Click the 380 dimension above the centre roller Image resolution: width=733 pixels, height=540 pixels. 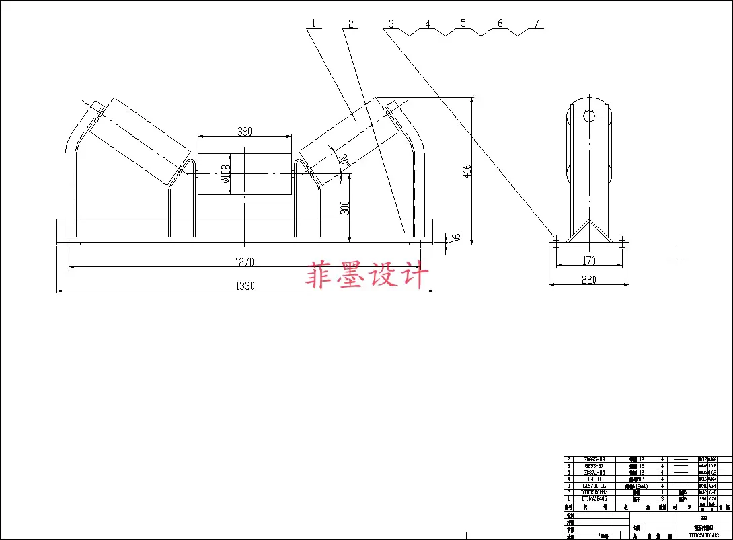pyautogui.click(x=244, y=132)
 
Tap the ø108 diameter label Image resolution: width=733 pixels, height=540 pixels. pyautogui.click(x=227, y=174)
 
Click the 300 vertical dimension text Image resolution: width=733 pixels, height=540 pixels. pyautogui.click(x=345, y=208)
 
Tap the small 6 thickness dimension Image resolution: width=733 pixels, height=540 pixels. pyautogui.click(x=456, y=237)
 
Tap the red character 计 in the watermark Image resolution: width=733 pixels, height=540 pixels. pyautogui.click(x=414, y=275)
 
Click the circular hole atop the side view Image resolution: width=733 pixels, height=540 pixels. pyautogui.click(x=589, y=115)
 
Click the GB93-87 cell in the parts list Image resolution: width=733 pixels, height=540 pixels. pyautogui.click(x=593, y=465)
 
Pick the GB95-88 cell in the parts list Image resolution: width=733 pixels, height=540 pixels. pyautogui.click(x=593, y=459)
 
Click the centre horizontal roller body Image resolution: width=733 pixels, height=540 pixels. pyautogui.click(x=244, y=174)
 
